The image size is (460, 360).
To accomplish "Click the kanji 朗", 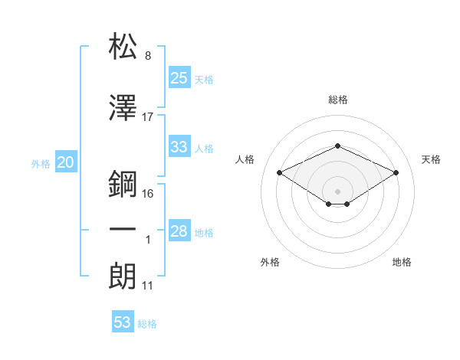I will coord(123,276).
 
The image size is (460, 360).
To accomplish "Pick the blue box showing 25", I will coord(179,77).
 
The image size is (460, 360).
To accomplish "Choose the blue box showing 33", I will coord(179,147).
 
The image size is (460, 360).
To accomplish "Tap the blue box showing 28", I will coord(179,231).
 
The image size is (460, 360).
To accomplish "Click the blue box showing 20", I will coord(66,162).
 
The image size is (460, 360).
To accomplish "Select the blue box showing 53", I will coord(123,322).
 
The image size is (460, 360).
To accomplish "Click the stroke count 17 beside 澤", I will coord(148,117).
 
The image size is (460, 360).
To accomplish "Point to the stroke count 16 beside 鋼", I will coord(148,193).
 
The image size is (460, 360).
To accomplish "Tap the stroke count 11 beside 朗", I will coord(148,286).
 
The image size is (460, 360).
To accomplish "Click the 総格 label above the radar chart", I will coord(338,100).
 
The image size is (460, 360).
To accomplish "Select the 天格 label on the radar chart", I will coord(431,159).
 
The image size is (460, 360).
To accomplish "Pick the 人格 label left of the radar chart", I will coord(245,159).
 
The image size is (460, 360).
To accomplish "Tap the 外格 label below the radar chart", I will coord(270,262).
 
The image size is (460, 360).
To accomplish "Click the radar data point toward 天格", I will coord(396,172).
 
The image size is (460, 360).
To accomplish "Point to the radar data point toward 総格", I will coord(337,146).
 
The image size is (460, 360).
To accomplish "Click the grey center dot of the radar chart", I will coord(337,190).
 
